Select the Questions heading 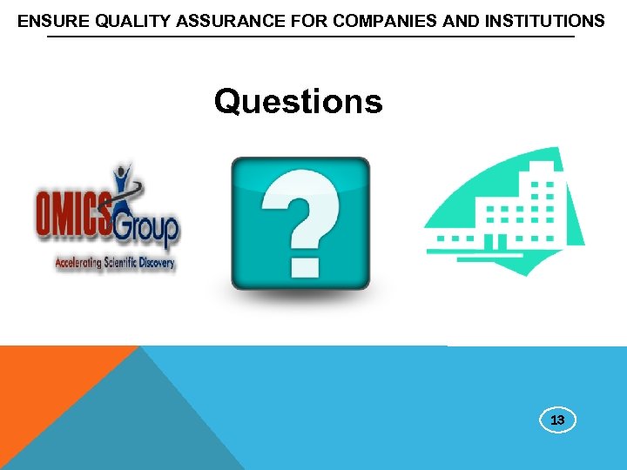click(298, 102)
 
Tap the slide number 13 click(557, 420)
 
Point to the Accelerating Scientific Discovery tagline click(115, 262)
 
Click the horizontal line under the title click(310, 37)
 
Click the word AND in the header click(461, 21)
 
